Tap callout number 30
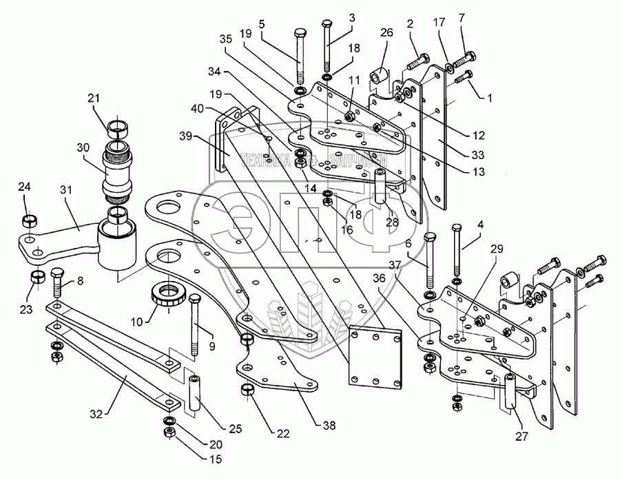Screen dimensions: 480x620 click(x=83, y=147)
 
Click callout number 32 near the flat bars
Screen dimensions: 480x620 click(x=97, y=414)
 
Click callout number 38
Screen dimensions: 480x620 click(x=329, y=426)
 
